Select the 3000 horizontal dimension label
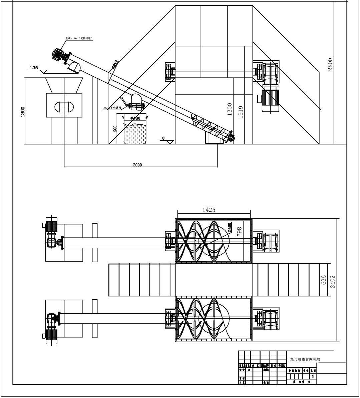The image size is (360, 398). coord(137,165)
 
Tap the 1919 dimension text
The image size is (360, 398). coord(241,112)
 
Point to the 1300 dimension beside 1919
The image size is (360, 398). coord(230,109)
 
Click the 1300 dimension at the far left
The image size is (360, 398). coord(22,112)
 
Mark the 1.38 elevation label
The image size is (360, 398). coord(34,68)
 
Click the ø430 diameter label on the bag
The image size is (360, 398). coord(135,118)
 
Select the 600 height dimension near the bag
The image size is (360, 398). coord(115,129)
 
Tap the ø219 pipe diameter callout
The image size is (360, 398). coord(114,65)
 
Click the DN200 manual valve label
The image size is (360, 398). coord(113,108)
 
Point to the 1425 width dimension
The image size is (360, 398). coord(209,210)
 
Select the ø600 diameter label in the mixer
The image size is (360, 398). coord(230,227)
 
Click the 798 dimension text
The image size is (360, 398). coord(239,231)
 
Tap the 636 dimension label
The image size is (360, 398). coord(323,280)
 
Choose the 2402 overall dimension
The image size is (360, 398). coord(332,281)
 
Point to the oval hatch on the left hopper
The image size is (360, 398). coord(63,106)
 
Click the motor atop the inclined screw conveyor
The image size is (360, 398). coord(59,54)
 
